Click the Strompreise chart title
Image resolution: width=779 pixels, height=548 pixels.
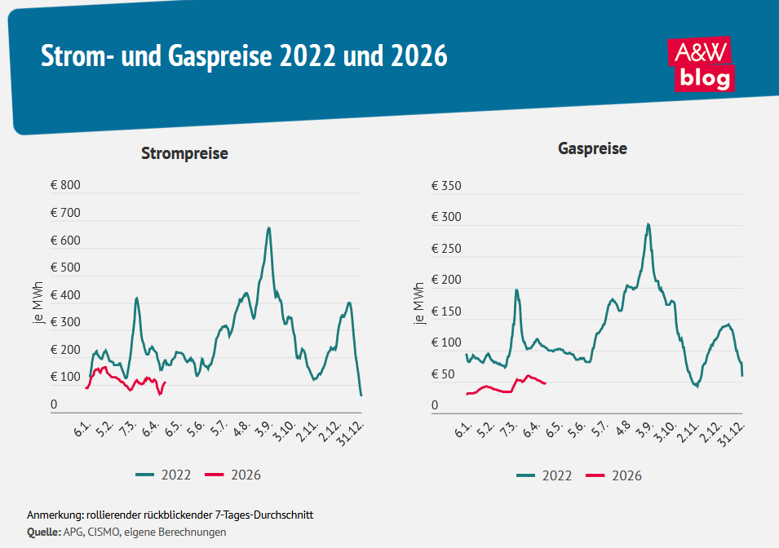pyautogui.click(x=184, y=153)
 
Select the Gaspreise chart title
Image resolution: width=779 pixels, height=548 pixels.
pyautogui.click(x=592, y=148)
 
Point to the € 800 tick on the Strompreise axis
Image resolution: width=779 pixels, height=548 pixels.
pyautogui.click(x=65, y=186)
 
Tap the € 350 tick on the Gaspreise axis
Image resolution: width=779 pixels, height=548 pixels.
pyautogui.click(x=446, y=186)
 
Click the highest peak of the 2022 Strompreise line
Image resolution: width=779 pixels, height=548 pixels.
pyautogui.click(x=268, y=228)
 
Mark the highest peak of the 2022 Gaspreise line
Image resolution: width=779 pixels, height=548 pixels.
pyautogui.click(x=648, y=224)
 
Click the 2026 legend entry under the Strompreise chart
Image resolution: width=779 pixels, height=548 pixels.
pyautogui.click(x=232, y=475)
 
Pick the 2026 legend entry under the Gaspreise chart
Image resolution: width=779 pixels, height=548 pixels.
pyautogui.click(x=613, y=475)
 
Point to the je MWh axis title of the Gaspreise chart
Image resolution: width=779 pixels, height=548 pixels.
pyautogui.click(x=418, y=303)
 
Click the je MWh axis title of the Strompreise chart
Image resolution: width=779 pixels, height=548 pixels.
pyautogui.click(x=38, y=303)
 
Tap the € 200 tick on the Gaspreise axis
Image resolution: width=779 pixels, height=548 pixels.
pyautogui.click(x=446, y=280)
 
